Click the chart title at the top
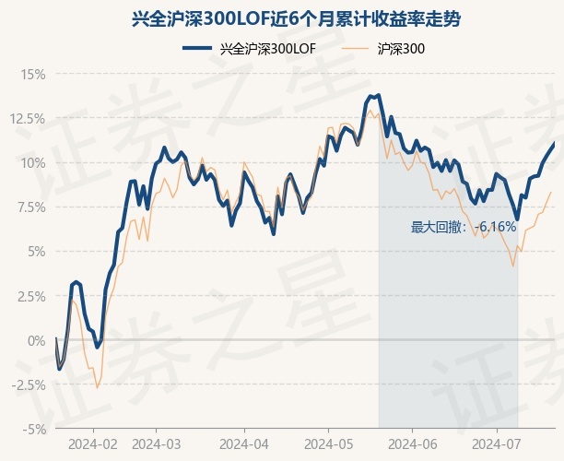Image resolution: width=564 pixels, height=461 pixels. [x=282, y=18]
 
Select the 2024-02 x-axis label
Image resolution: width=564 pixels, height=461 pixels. [x=94, y=443]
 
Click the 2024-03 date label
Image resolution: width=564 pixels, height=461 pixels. [x=158, y=443]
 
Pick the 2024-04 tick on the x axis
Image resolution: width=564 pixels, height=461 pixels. [x=243, y=443]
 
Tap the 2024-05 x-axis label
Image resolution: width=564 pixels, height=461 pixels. [x=328, y=443]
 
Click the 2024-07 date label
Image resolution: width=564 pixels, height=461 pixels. [x=496, y=443]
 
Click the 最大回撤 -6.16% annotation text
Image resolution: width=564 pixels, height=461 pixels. [x=464, y=227]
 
